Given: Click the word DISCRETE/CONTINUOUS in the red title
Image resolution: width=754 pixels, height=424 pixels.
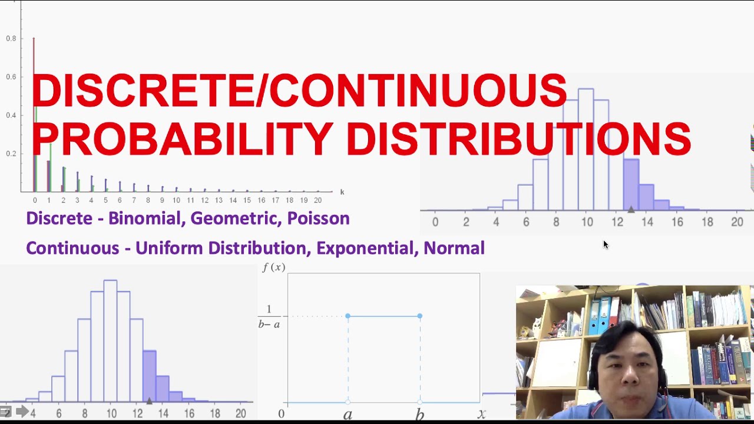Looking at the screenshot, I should [x=299, y=90].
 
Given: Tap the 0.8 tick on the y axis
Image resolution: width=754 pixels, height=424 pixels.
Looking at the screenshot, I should [x=11, y=39].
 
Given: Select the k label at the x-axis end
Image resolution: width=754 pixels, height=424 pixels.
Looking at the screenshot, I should [x=342, y=192].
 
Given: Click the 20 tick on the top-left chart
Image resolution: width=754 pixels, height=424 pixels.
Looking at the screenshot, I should [x=318, y=201].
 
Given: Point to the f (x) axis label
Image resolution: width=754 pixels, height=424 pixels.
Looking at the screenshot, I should [x=274, y=267].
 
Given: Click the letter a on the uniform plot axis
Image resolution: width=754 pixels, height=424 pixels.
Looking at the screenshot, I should [x=348, y=415].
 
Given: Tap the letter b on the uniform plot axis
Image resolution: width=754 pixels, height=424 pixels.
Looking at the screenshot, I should [x=419, y=415].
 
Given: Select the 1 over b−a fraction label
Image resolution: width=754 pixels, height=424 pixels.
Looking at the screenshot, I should [x=269, y=317].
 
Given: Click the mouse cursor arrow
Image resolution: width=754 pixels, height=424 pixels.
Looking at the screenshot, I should [x=605, y=244].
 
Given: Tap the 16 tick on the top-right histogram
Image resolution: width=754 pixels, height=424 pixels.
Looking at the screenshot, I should [x=677, y=222].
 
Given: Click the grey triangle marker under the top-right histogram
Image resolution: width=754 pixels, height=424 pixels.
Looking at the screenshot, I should [x=631, y=209].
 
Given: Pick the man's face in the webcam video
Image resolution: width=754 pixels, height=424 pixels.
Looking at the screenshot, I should [x=628, y=371].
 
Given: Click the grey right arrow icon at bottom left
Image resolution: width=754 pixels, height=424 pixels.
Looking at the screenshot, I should [x=22, y=412].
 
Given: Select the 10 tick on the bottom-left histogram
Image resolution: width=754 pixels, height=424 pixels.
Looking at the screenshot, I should [x=111, y=414].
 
